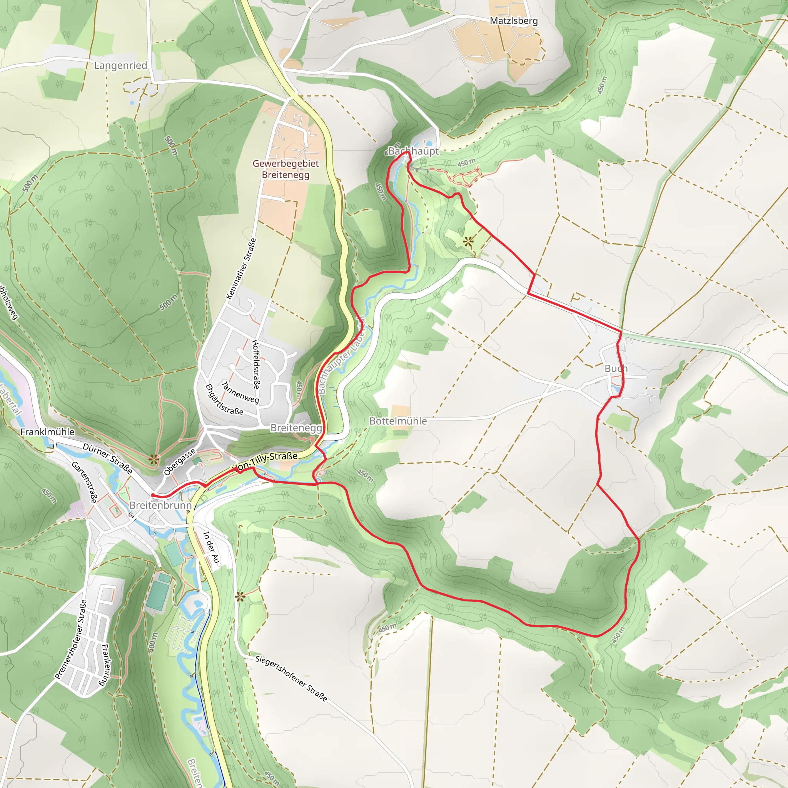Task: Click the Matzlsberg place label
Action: click(x=514, y=21)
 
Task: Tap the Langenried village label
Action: click(x=120, y=66)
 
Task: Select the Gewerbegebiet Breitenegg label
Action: click(x=285, y=169)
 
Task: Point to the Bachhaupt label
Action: click(x=413, y=151)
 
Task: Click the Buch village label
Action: click(x=616, y=369)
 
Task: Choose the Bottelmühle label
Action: click(x=398, y=421)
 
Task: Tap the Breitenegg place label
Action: click(x=296, y=428)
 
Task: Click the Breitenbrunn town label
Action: click(x=160, y=505)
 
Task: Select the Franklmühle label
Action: click(x=48, y=432)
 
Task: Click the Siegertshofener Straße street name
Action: click(x=291, y=678)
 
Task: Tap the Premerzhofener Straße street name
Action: click(x=71, y=639)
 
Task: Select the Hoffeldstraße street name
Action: click(x=256, y=364)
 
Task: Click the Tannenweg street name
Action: click(x=240, y=392)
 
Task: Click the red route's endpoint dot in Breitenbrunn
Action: click(x=152, y=495)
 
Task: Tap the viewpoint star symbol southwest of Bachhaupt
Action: click(x=468, y=242)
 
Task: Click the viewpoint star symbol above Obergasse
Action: click(x=154, y=460)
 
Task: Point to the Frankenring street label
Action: click(x=105, y=665)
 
